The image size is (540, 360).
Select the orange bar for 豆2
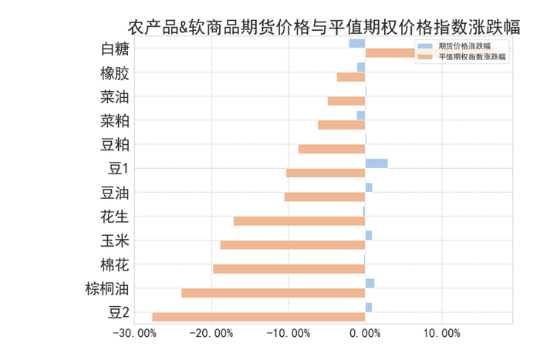[258, 317]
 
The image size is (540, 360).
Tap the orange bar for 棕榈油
[273, 293]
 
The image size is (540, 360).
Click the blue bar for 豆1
[376, 163]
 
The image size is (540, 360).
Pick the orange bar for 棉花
[289, 269]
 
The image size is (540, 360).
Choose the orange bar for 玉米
[292, 245]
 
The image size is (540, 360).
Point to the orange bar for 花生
[299, 221]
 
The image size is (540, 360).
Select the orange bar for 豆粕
[332, 149]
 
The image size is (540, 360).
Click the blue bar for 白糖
[356, 43]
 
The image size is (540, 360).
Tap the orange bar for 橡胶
[351, 77]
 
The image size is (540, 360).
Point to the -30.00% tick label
[135, 334]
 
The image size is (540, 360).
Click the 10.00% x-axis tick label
[441, 334]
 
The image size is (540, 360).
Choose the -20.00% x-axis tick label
[211, 334]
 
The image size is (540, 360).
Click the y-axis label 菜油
[115, 98]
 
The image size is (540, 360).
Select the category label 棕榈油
[107, 289]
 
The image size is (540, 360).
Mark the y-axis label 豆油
[115, 193]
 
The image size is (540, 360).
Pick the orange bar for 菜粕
[341, 125]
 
